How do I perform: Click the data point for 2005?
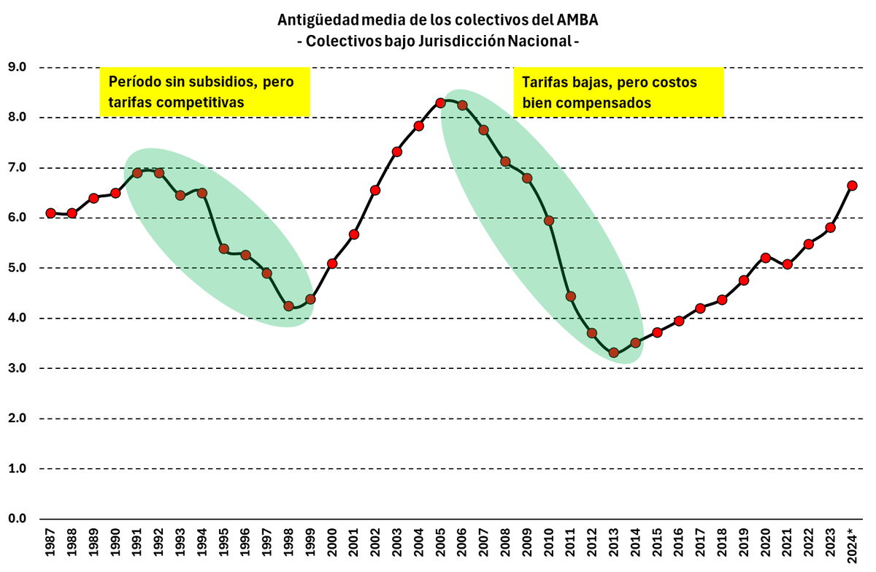(440, 103)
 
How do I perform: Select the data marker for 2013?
(614, 353)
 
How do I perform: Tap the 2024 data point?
(852, 186)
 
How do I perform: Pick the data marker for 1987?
(50, 213)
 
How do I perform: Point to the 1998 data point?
(288, 306)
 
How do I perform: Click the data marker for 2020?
(766, 258)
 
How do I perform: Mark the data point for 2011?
(571, 297)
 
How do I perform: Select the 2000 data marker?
(332, 264)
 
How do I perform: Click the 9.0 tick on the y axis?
(16, 67)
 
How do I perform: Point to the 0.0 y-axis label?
(16, 519)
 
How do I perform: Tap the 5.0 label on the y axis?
(16, 268)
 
